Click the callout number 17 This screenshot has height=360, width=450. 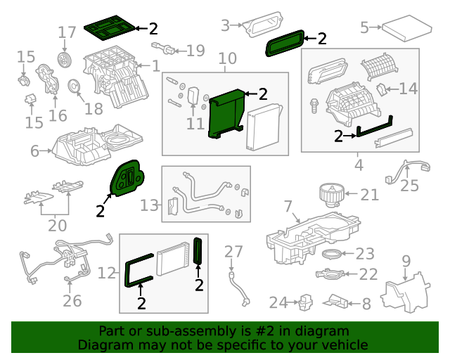[67, 32]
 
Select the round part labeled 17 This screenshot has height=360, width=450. [64, 59]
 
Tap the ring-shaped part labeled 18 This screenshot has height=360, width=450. [73, 87]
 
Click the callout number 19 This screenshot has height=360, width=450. [195, 50]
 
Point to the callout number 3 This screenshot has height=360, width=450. [225, 25]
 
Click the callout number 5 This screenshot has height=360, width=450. [364, 27]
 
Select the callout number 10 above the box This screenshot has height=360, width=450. [226, 58]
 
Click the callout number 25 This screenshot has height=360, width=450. [409, 186]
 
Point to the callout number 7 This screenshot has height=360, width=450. [287, 207]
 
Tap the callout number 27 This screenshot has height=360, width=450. [233, 251]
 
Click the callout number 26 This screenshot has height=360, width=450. [72, 302]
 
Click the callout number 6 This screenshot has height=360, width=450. [35, 151]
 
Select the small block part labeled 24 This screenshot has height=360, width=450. [306, 302]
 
